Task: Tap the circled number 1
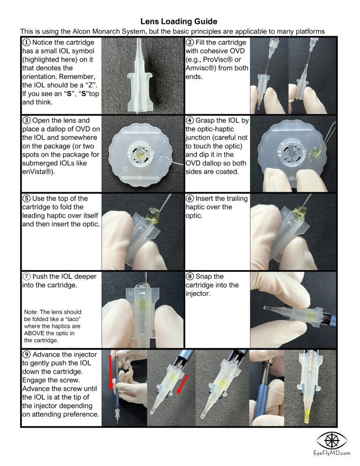pyautogui.click(x=27, y=43)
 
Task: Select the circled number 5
pyautogui.click(x=27, y=198)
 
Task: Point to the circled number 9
pyautogui.click(x=27, y=354)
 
